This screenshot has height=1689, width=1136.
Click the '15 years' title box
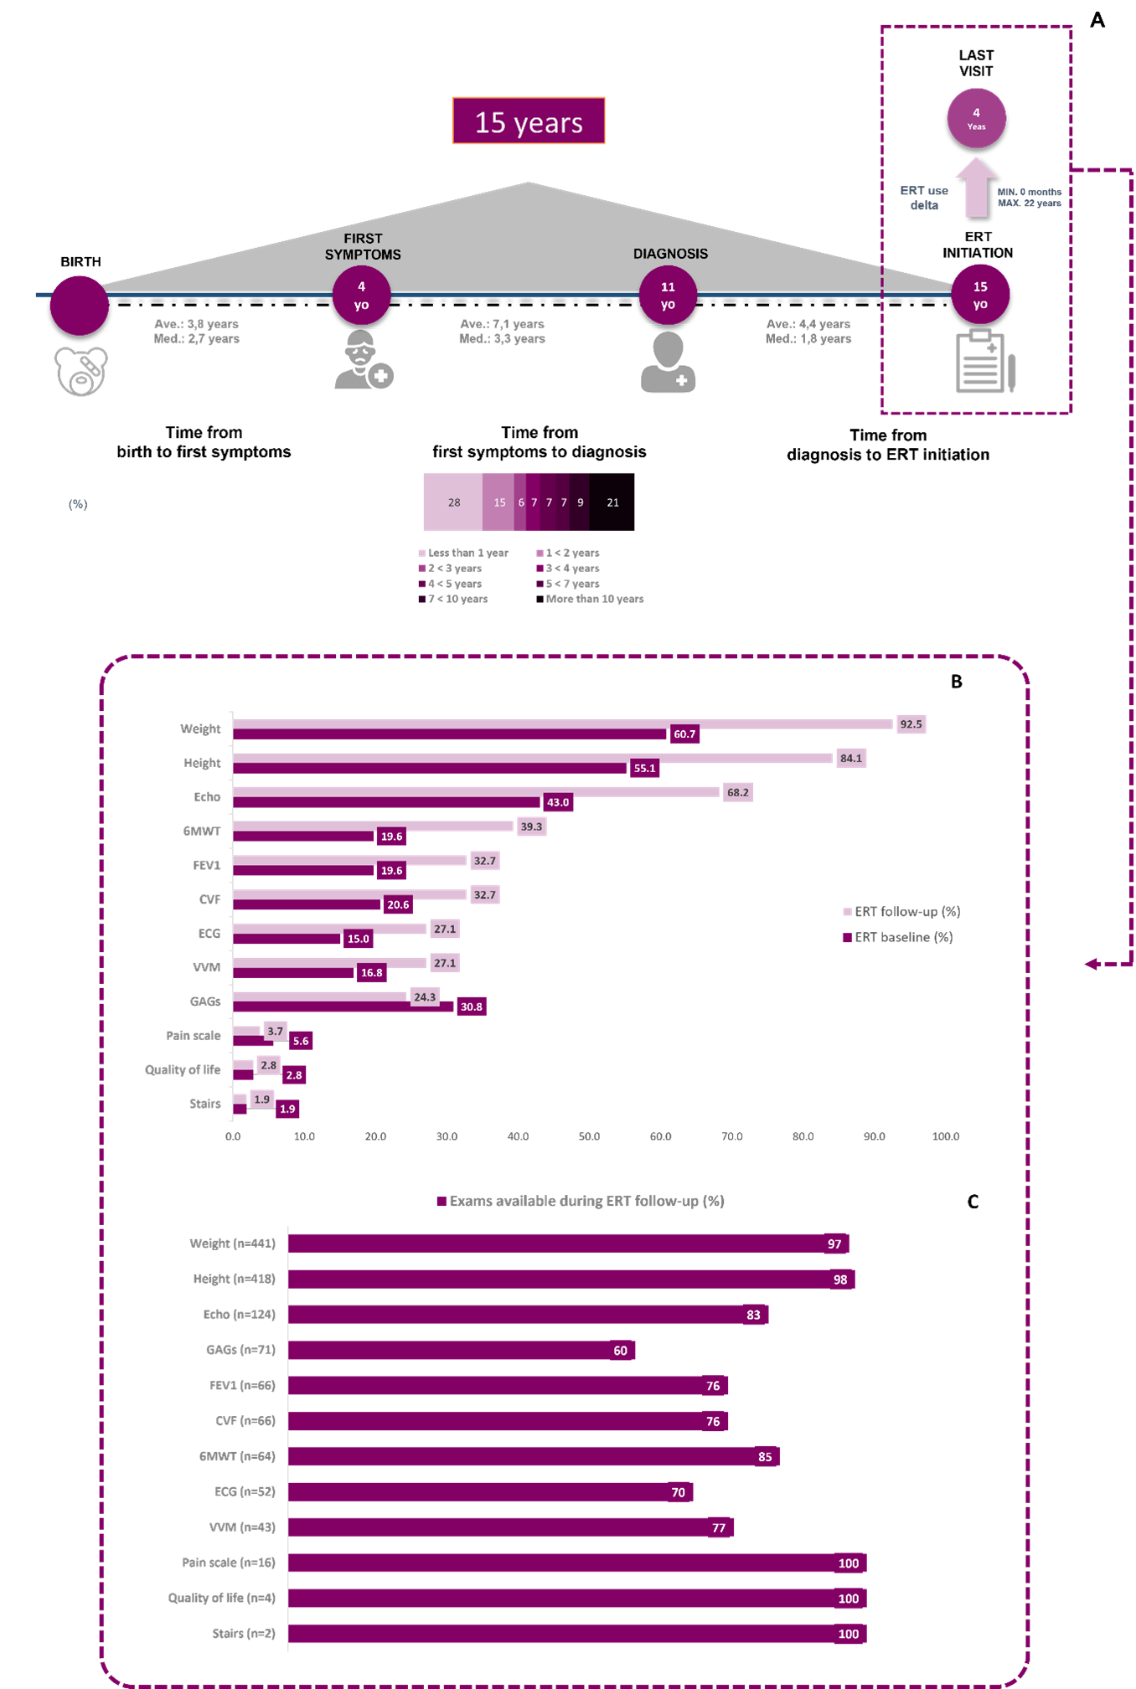click(528, 121)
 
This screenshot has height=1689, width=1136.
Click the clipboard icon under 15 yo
click(985, 362)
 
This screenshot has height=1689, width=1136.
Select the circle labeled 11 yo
click(668, 295)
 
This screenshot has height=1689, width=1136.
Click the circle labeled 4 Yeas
click(976, 118)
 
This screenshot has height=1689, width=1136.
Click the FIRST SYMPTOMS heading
click(363, 246)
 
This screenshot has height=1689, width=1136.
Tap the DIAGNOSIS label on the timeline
click(670, 254)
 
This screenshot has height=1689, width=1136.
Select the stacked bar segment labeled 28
click(453, 502)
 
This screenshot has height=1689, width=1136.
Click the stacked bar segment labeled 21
click(612, 502)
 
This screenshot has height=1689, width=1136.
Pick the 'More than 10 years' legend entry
click(594, 599)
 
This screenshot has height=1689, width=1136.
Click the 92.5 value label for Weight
click(911, 724)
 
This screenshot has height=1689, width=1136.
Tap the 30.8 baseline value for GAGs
click(471, 1007)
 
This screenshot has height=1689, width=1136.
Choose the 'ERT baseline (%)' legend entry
click(902, 937)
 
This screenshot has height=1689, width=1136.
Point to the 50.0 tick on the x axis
click(589, 1136)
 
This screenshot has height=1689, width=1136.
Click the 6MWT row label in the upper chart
click(202, 831)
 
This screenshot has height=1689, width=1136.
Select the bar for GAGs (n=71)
click(461, 1350)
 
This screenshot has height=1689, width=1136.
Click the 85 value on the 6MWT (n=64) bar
click(765, 1456)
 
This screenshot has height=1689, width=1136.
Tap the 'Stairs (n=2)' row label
click(244, 1633)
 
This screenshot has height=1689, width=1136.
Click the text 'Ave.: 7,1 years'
click(502, 323)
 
